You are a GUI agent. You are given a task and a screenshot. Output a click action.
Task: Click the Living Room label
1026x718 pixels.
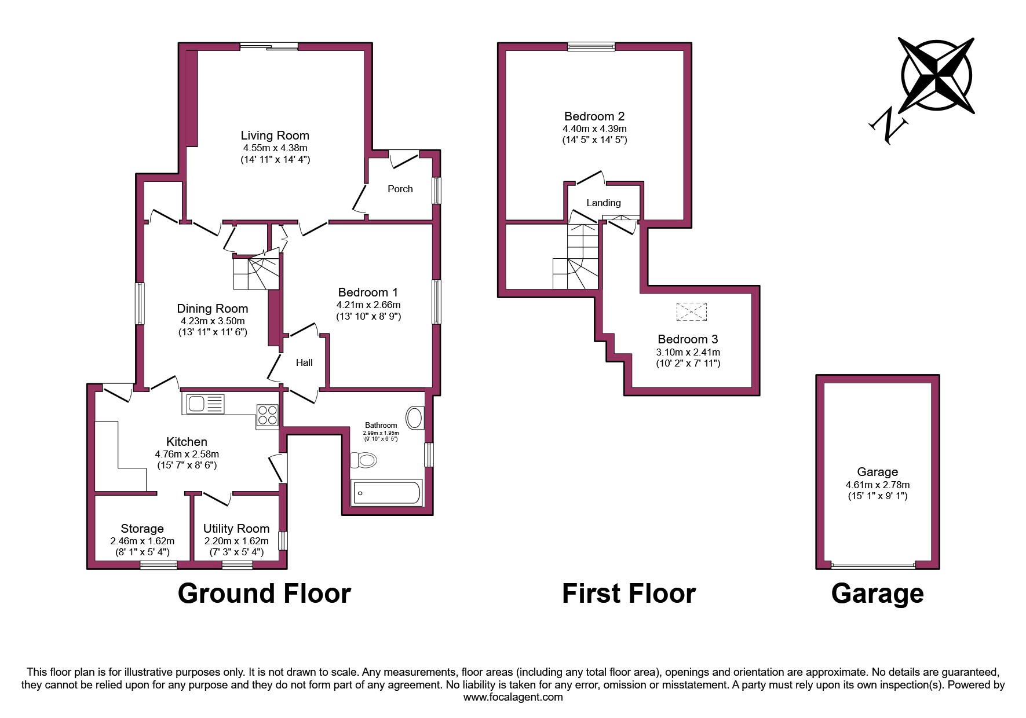(275, 135)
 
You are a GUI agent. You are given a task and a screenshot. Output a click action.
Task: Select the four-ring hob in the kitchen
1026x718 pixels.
(268, 415)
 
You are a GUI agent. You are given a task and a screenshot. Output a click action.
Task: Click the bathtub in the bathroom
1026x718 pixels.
(386, 493)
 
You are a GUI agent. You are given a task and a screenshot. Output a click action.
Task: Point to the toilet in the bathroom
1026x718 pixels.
(364, 461)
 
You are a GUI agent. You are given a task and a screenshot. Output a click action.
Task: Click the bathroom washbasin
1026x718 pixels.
(415, 418)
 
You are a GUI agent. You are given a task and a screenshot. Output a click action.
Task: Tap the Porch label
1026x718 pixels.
(400, 189)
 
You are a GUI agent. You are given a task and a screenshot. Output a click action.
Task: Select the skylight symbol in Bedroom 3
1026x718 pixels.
(692, 312)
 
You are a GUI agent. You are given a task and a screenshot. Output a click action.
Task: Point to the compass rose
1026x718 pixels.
(936, 76)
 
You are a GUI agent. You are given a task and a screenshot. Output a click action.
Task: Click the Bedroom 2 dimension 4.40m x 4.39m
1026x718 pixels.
(594, 129)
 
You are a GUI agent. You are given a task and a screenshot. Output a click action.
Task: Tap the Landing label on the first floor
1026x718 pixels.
(603, 203)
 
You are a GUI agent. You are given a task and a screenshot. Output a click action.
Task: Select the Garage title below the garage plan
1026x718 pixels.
(877, 594)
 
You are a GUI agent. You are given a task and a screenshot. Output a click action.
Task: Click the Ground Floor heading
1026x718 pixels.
(264, 594)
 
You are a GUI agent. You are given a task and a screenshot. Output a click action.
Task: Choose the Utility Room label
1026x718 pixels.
(236, 529)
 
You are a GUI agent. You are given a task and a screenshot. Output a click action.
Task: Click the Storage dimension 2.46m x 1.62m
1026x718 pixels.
(142, 541)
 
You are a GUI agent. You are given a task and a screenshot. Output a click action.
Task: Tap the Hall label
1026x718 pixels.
(304, 362)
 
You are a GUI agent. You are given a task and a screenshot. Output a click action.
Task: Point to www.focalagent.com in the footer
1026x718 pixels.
(513, 697)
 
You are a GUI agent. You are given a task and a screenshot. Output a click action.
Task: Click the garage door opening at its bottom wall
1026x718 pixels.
(873, 565)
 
